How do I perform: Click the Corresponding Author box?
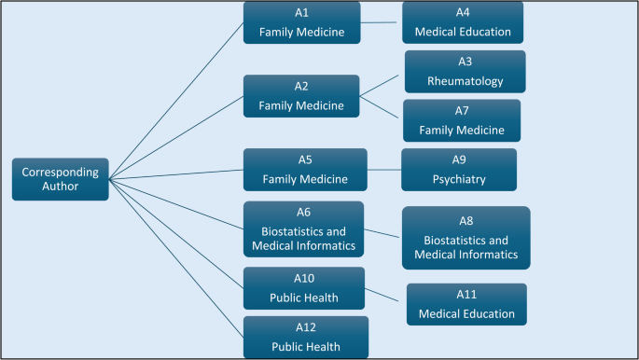click(x=61, y=178)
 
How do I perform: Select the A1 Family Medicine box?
click(x=302, y=22)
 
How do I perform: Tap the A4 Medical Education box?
click(x=463, y=22)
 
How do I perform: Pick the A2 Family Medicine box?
click(x=302, y=95)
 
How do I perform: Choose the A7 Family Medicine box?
click(x=462, y=120)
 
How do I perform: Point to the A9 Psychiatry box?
click(x=459, y=170)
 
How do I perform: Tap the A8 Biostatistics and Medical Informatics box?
click(x=465, y=237)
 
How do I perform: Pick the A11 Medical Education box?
click(x=466, y=304)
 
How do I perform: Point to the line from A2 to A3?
click(x=382, y=84)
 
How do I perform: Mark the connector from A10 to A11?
click(x=385, y=296)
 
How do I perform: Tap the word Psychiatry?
click(x=459, y=179)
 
